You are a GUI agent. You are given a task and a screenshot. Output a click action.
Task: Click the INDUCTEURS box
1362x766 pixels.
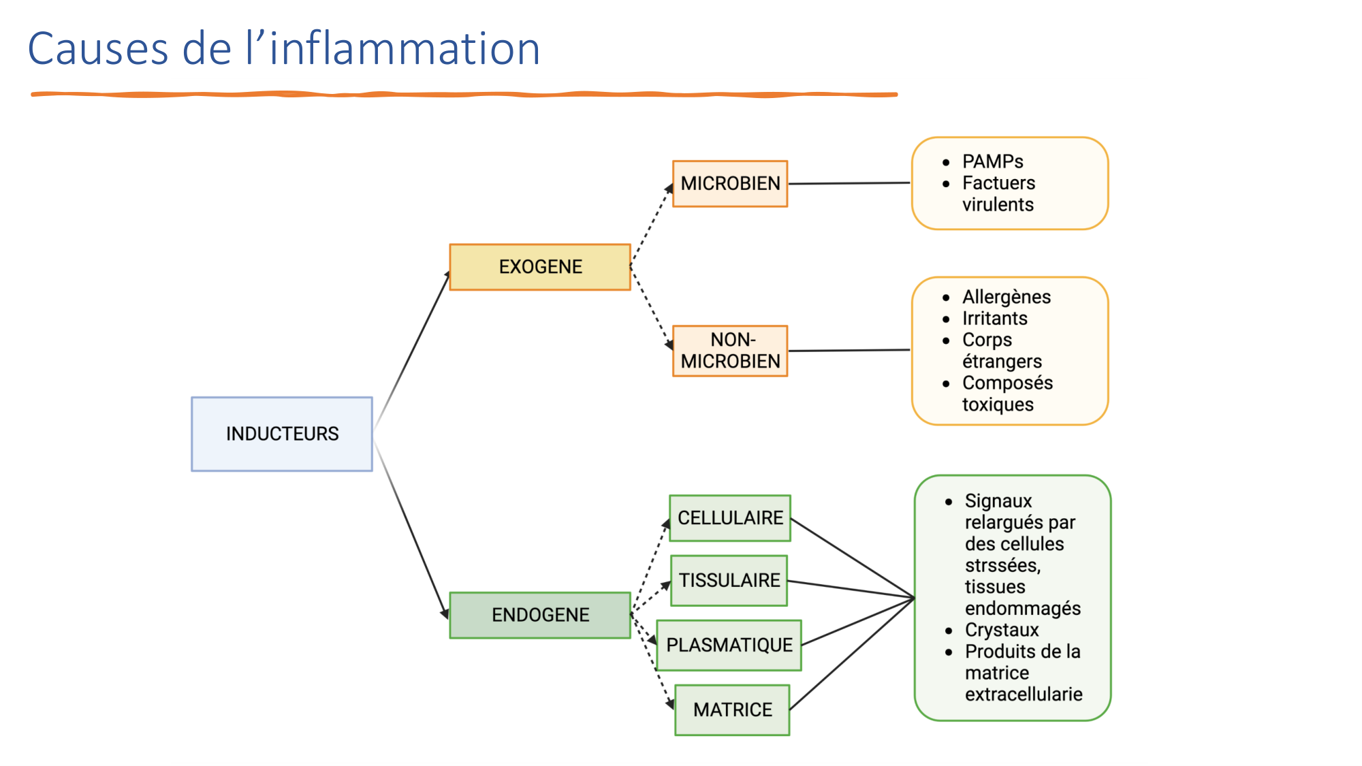point(282,434)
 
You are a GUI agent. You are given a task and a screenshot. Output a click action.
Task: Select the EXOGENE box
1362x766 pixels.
point(540,267)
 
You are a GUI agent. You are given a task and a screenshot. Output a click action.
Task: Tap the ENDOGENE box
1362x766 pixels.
point(540,615)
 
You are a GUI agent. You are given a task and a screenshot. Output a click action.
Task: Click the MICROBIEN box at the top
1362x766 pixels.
point(730,184)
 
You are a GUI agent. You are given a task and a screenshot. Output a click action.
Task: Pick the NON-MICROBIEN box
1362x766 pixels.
point(730,351)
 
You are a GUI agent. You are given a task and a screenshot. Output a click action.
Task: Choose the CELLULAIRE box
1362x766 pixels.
point(730,518)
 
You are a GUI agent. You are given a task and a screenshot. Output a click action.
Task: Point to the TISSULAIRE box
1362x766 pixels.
point(729,580)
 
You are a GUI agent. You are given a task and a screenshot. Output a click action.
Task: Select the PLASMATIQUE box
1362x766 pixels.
point(729,645)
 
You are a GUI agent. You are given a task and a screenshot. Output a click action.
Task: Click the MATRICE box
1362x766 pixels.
point(733,709)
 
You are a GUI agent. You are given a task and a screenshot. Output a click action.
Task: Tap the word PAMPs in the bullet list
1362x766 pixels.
point(992,161)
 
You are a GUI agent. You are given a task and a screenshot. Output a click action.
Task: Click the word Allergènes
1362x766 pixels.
point(1006,297)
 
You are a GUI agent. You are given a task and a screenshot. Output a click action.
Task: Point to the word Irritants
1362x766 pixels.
point(994,319)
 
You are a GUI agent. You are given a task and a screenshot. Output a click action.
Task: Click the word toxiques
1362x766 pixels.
point(998,404)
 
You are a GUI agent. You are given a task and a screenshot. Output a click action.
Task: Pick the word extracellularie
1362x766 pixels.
point(1024,695)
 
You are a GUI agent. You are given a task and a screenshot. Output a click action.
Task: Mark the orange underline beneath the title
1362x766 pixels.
point(463,95)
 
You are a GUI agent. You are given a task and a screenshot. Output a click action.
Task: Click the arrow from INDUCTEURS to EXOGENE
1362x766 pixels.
point(412,350)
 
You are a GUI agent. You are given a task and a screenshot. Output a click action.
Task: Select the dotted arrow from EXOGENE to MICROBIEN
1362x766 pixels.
point(652,225)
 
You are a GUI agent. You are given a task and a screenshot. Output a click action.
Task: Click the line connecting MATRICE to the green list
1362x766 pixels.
point(851,654)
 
